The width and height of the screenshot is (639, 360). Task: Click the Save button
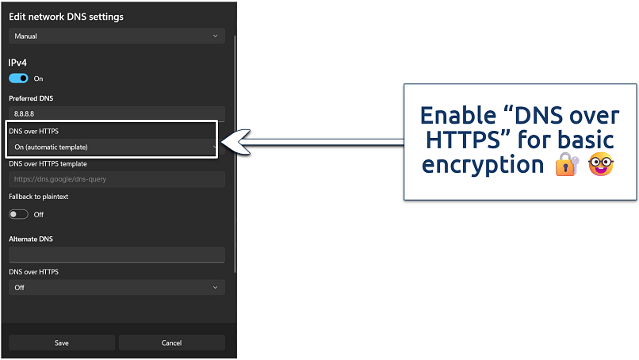(62, 343)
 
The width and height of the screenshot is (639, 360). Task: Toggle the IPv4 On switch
(18, 79)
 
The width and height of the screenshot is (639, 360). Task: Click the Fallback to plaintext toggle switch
(18, 214)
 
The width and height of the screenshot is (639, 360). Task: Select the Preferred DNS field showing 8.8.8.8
(117, 114)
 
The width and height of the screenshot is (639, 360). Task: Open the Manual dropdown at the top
(117, 36)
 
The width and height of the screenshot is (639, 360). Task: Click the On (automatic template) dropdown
(113, 147)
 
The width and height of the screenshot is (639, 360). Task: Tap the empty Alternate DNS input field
(117, 254)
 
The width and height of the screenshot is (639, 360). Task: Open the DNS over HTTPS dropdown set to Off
(117, 287)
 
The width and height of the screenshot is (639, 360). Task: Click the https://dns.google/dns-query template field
(117, 179)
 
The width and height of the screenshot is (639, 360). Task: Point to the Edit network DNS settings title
(66, 17)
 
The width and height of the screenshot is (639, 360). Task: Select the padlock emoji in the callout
(566, 165)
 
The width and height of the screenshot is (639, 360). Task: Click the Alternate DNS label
(31, 239)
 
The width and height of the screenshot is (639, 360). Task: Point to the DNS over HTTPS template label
(48, 164)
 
